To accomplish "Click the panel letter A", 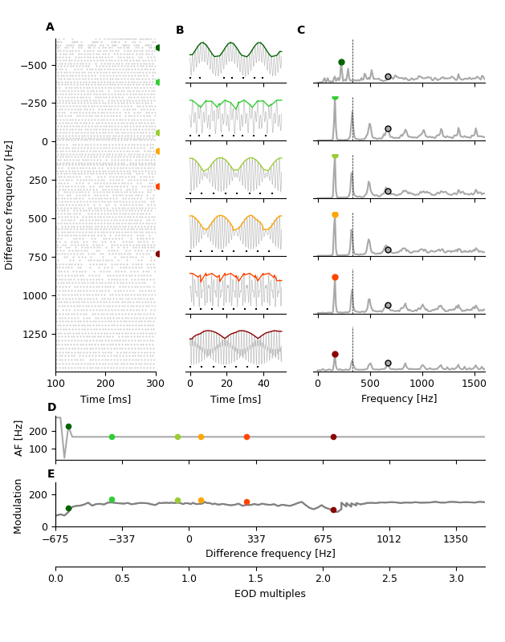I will (50, 27).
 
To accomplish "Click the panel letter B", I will (180, 30).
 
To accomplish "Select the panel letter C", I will (301, 30).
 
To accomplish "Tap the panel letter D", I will (51, 408).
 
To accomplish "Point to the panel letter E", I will (51, 474).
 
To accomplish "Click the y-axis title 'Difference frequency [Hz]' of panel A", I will (10, 205).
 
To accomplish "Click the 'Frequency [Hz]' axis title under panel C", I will (399, 399).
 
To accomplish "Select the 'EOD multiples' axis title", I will (270, 594).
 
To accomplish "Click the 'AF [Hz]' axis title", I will (19, 438).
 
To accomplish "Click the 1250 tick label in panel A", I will (35, 334).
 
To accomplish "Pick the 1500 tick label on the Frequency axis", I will (474, 384).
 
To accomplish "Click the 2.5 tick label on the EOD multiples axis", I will (389, 579).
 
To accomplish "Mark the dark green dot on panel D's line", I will (68, 427).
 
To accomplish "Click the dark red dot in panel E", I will (333, 510).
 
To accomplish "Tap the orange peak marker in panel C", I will (335, 215).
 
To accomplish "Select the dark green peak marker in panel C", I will (341, 62).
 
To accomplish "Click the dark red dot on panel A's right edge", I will (158, 254).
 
